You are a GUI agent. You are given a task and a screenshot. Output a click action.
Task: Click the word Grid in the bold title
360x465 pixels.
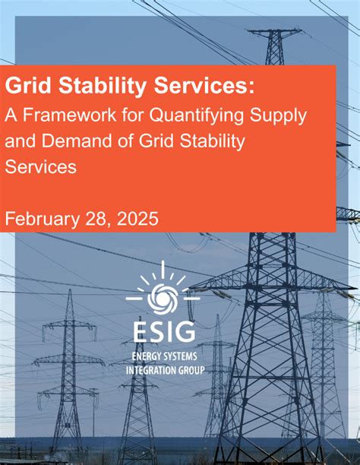[x=24, y=86]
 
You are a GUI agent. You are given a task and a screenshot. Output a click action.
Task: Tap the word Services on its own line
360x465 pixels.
[x=41, y=166]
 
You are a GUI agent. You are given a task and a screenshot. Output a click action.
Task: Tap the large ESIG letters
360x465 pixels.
[x=163, y=331]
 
